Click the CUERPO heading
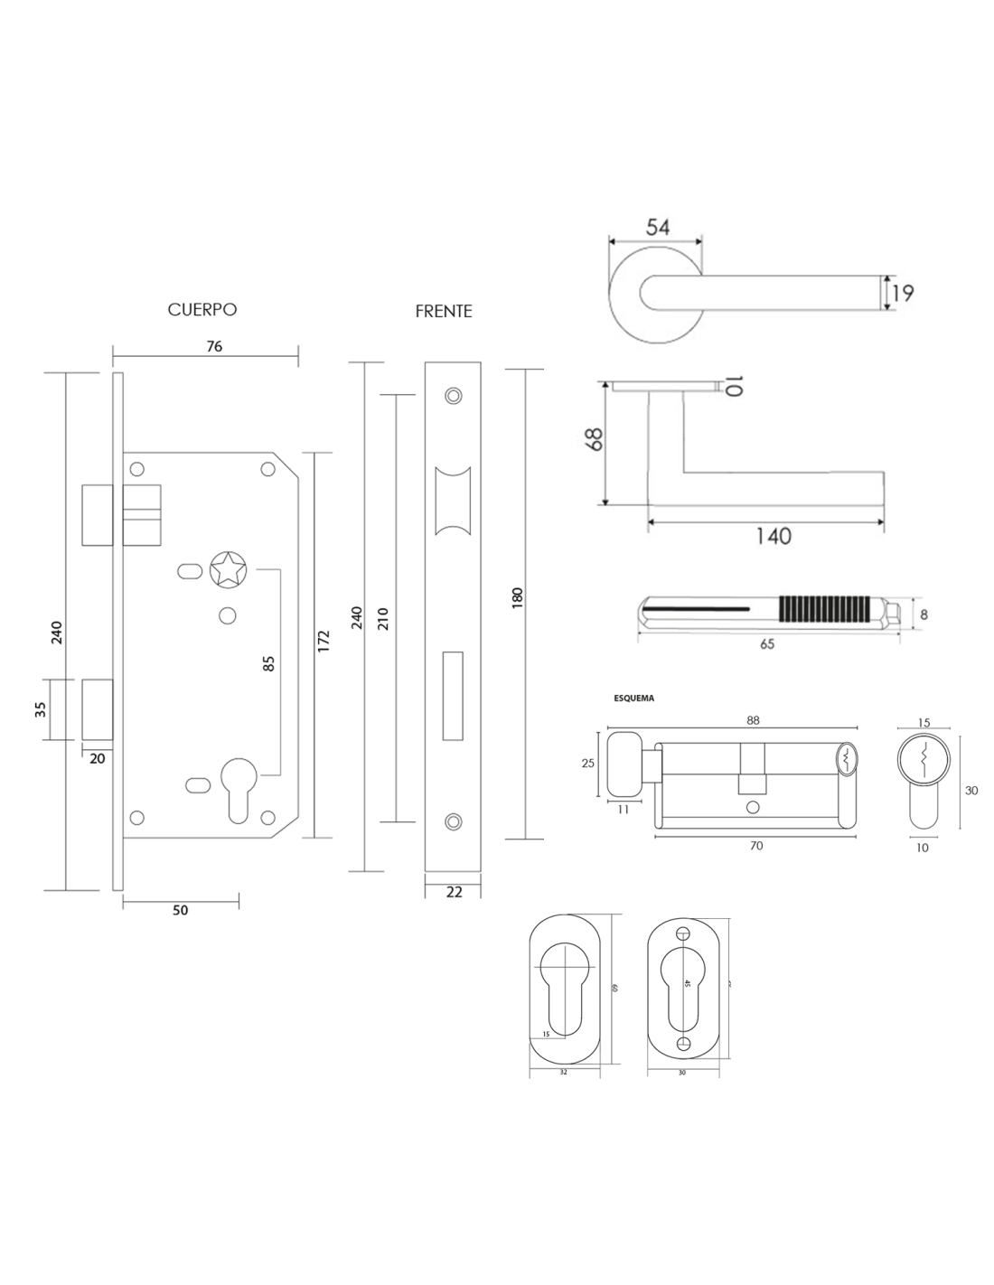point(202,309)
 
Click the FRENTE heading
point(444,311)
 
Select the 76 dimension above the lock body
point(213,345)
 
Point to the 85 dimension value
point(267,664)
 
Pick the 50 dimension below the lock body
point(180,910)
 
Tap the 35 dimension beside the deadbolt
point(40,709)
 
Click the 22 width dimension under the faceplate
point(455,892)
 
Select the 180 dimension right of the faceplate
point(518,599)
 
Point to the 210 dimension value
point(382,618)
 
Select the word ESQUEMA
point(633,698)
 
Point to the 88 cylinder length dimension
point(754,720)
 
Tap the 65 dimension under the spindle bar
point(767,644)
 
